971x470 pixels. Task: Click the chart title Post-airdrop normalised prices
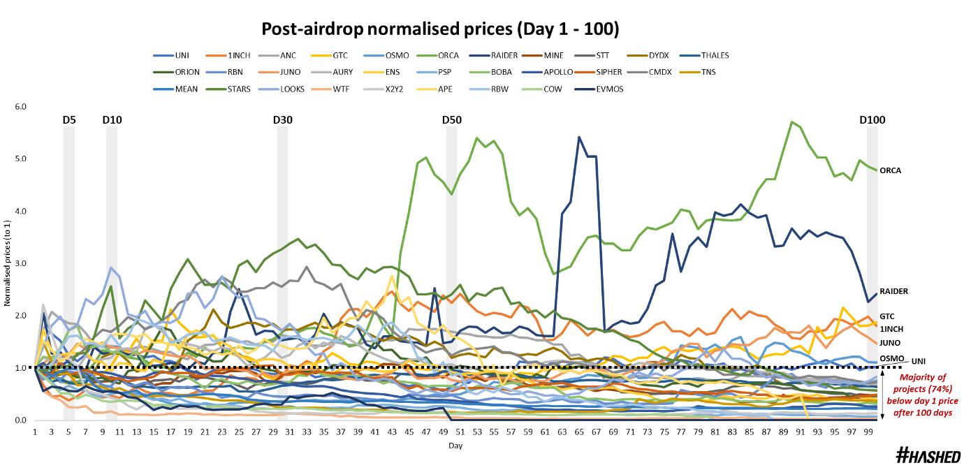pyautogui.click(x=440, y=29)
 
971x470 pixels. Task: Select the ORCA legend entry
pyautogui.click(x=448, y=56)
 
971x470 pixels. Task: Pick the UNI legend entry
pyautogui.click(x=181, y=56)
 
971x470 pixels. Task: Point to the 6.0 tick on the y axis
pyautogui.click(x=20, y=107)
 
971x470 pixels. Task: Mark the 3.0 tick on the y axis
pyautogui.click(x=20, y=263)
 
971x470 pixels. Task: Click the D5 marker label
pyautogui.click(x=68, y=120)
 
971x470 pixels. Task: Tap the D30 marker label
pyautogui.click(x=282, y=120)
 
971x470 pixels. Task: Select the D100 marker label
pyautogui.click(x=872, y=120)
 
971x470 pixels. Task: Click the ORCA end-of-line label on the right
pyautogui.click(x=891, y=170)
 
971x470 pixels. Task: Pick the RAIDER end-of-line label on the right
pyautogui.click(x=893, y=291)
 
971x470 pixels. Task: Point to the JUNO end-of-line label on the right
pyautogui.click(x=890, y=343)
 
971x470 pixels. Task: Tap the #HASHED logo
pyautogui.click(x=928, y=456)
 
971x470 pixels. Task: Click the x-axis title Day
pyautogui.click(x=455, y=446)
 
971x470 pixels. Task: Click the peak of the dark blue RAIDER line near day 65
pyautogui.click(x=579, y=138)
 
